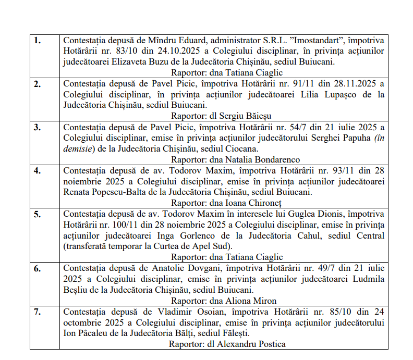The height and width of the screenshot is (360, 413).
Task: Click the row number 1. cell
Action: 38,40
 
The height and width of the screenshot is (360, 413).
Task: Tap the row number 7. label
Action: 38,312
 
